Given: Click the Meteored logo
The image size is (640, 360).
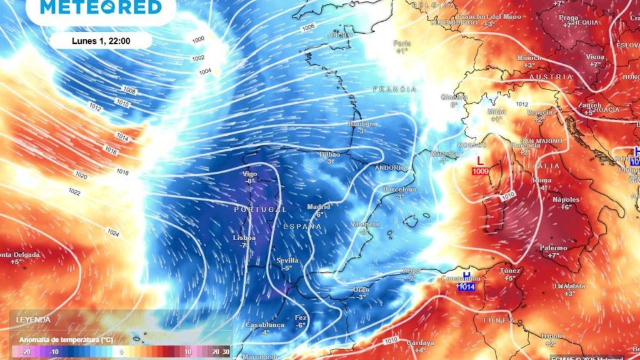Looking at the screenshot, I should click(x=101, y=7).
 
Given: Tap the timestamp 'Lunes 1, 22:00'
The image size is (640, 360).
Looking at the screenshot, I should click(x=101, y=41).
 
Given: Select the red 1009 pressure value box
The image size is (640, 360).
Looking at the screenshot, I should click(x=480, y=171).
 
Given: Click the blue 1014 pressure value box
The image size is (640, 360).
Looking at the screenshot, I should click(x=466, y=287).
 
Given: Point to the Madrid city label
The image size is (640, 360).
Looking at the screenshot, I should click(x=319, y=207).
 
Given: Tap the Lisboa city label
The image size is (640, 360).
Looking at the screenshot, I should click(x=244, y=238).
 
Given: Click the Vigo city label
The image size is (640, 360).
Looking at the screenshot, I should click(x=250, y=174).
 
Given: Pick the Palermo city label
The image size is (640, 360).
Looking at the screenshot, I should click(x=553, y=248).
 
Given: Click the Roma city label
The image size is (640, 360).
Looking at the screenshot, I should click(x=541, y=180).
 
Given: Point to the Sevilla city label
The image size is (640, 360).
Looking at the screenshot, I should click(x=287, y=261).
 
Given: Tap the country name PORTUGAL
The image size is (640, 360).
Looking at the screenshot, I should click(x=260, y=209).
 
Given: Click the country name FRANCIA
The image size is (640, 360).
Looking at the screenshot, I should click(x=394, y=89).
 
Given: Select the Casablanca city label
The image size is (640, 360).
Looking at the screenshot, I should click(x=265, y=325).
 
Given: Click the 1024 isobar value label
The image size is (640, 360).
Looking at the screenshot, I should click(x=113, y=233).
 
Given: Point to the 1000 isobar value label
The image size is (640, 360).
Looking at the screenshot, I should click(x=198, y=40).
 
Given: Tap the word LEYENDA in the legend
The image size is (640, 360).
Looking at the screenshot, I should click(x=32, y=319).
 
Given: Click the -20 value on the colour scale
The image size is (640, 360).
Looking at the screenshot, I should click(x=25, y=352).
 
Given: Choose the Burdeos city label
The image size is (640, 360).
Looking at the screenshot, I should click(x=362, y=124).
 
